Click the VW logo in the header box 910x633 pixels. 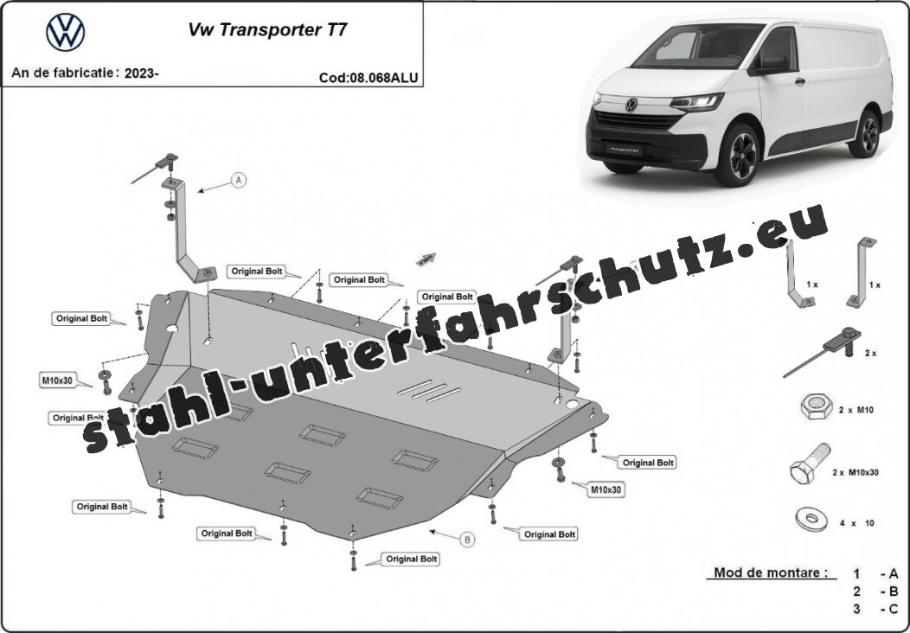[66, 33]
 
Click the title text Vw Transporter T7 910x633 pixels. [267, 30]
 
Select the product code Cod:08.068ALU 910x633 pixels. [368, 78]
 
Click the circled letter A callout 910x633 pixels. [238, 181]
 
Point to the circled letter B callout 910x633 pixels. [467, 540]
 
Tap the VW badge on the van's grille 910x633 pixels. [631, 105]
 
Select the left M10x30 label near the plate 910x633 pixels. [57, 380]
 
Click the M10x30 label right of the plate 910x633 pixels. [606, 489]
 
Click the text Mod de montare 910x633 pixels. [771, 572]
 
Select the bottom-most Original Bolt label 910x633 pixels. [412, 559]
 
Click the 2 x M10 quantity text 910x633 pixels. [856, 410]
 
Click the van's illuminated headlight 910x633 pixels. [696, 103]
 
